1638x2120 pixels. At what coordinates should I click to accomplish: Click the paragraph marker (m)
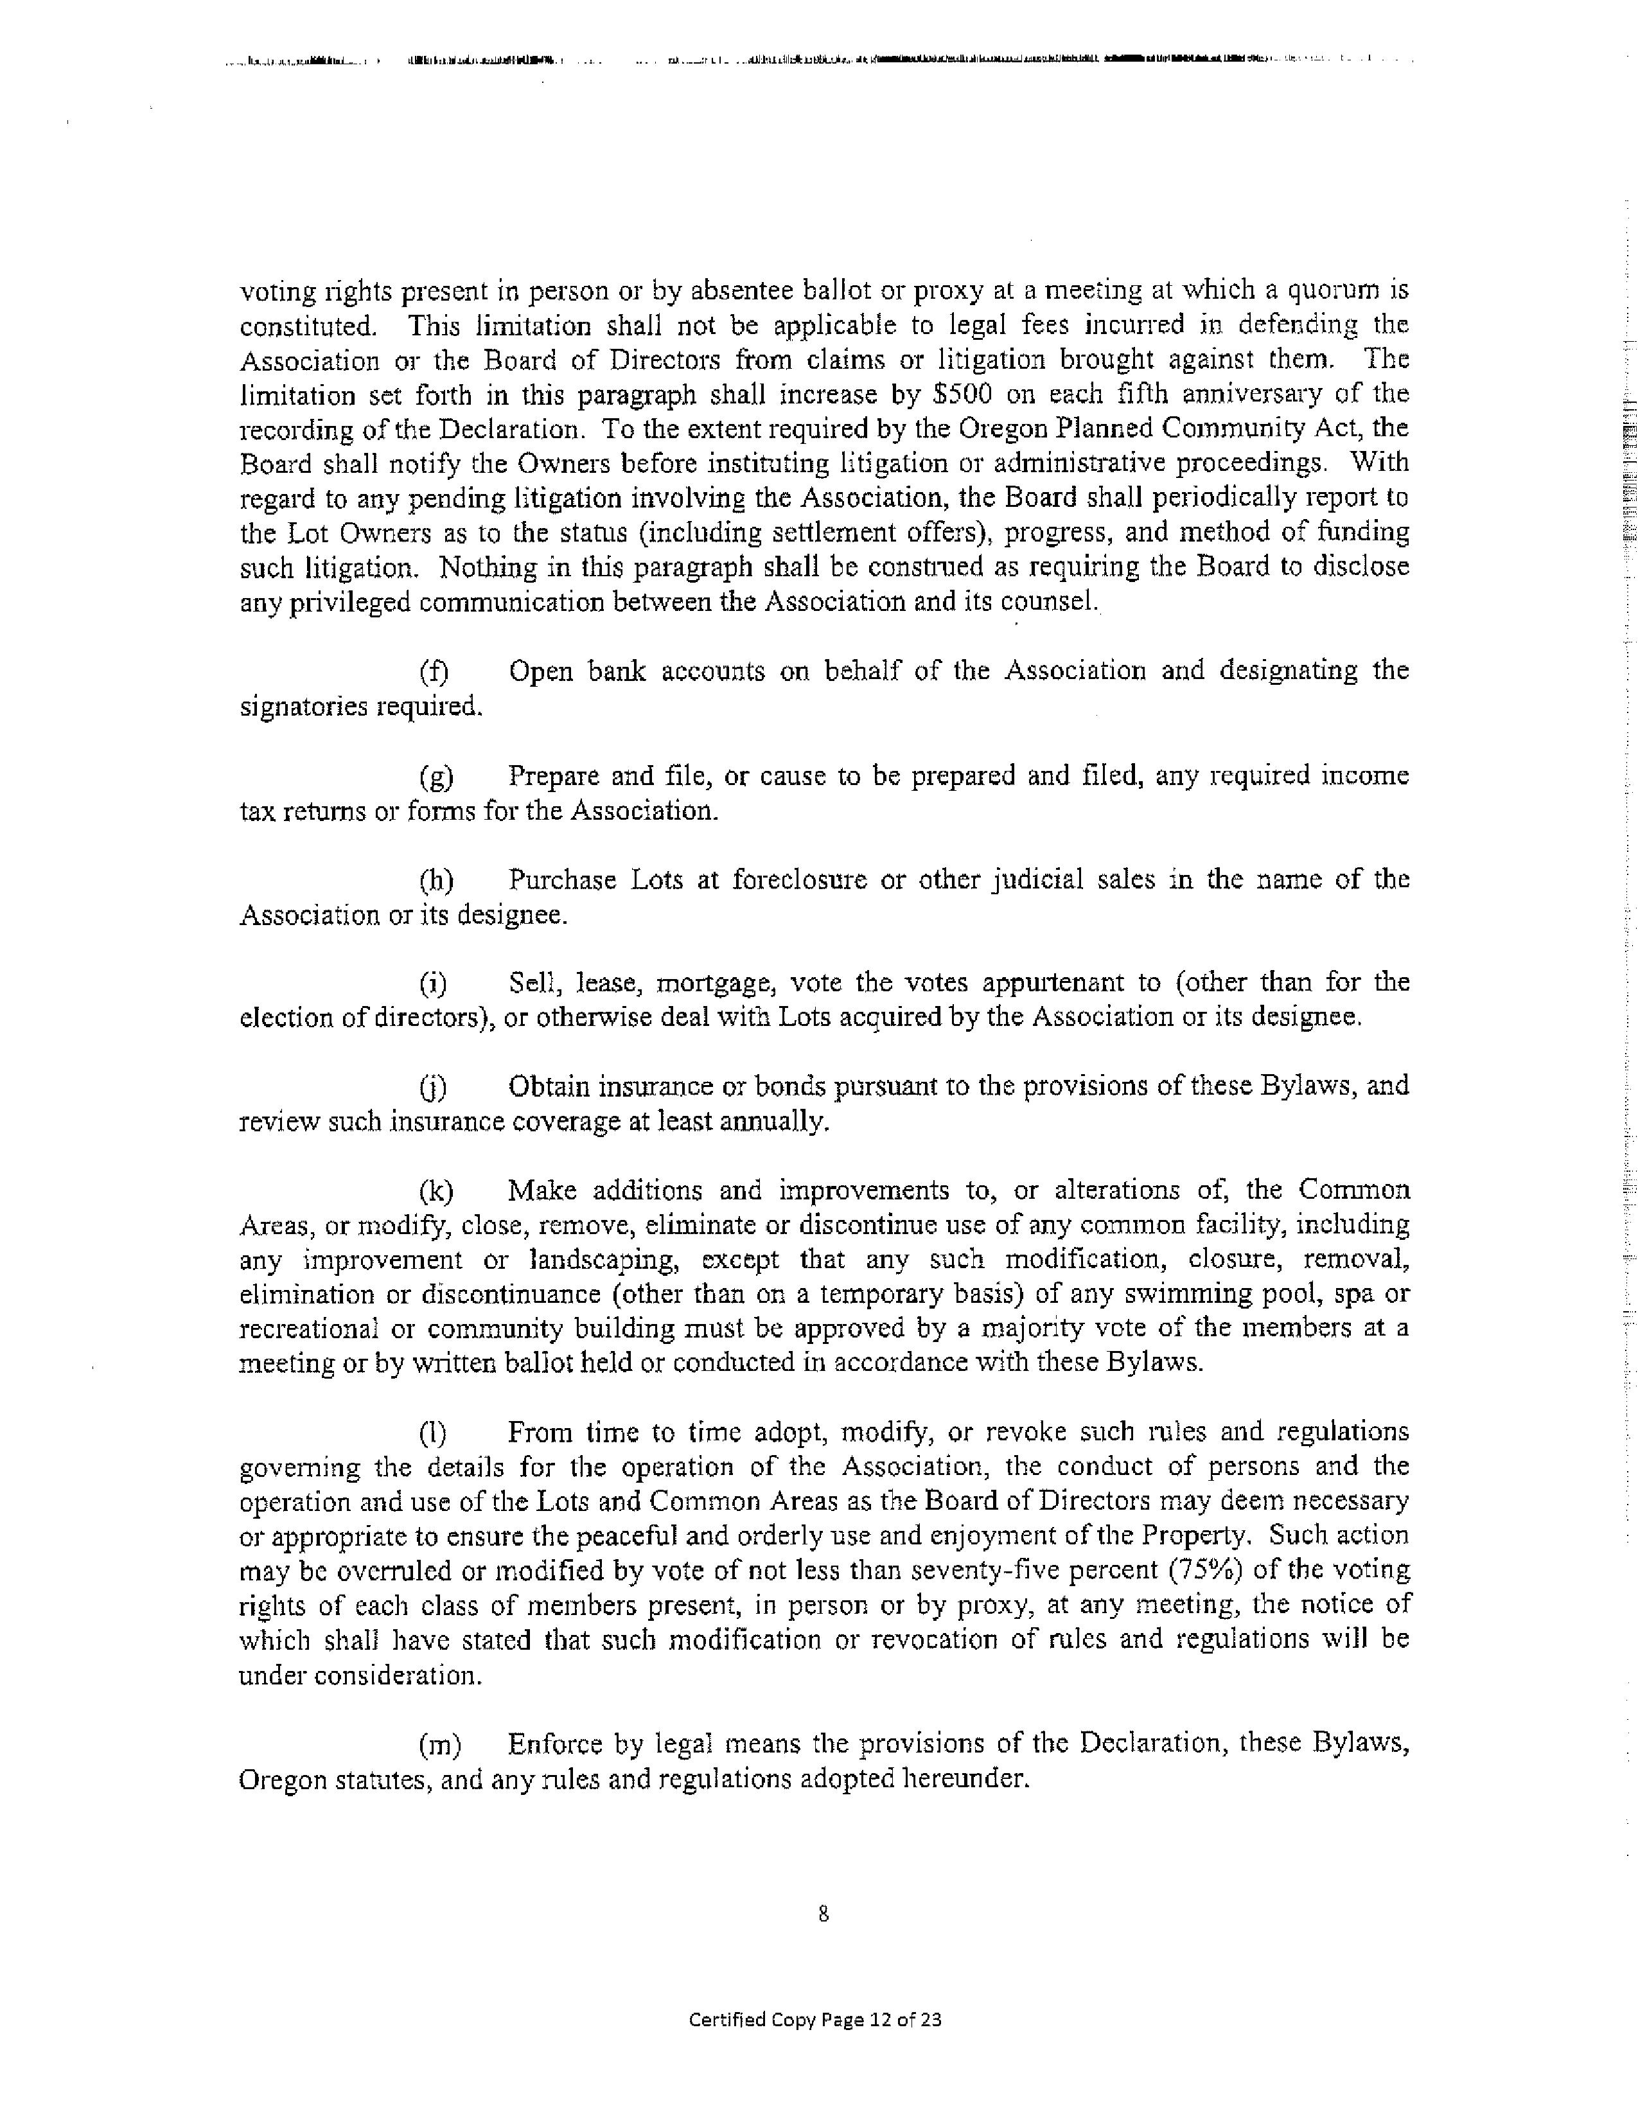(439, 1744)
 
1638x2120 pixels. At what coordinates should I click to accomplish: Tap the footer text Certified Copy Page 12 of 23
(815, 2020)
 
